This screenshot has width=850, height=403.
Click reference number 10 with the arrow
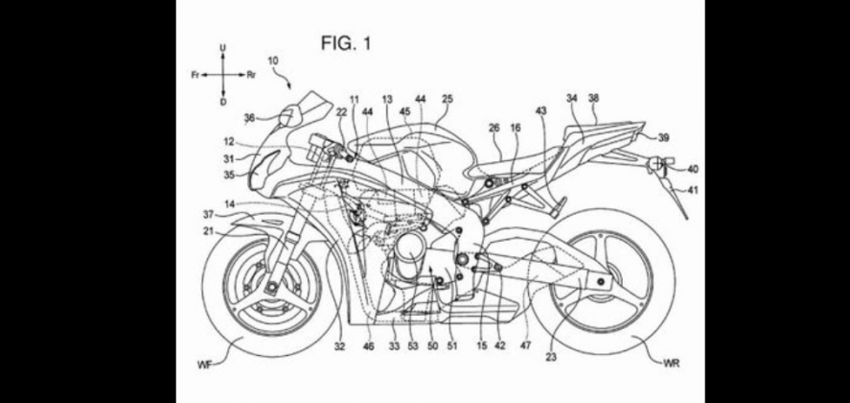pyautogui.click(x=273, y=60)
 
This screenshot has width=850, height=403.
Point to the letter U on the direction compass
pyautogui.click(x=222, y=46)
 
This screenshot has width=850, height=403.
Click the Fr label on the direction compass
pyautogui.click(x=195, y=73)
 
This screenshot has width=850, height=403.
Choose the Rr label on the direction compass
pyautogui.click(x=251, y=73)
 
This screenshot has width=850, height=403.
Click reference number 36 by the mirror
pyautogui.click(x=250, y=118)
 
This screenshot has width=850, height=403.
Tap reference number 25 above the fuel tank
pyautogui.click(x=447, y=99)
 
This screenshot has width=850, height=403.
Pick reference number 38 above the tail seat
pyautogui.click(x=593, y=98)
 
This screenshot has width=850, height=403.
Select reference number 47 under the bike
pyautogui.click(x=525, y=341)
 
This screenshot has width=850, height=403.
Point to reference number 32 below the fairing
pyautogui.click(x=339, y=341)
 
